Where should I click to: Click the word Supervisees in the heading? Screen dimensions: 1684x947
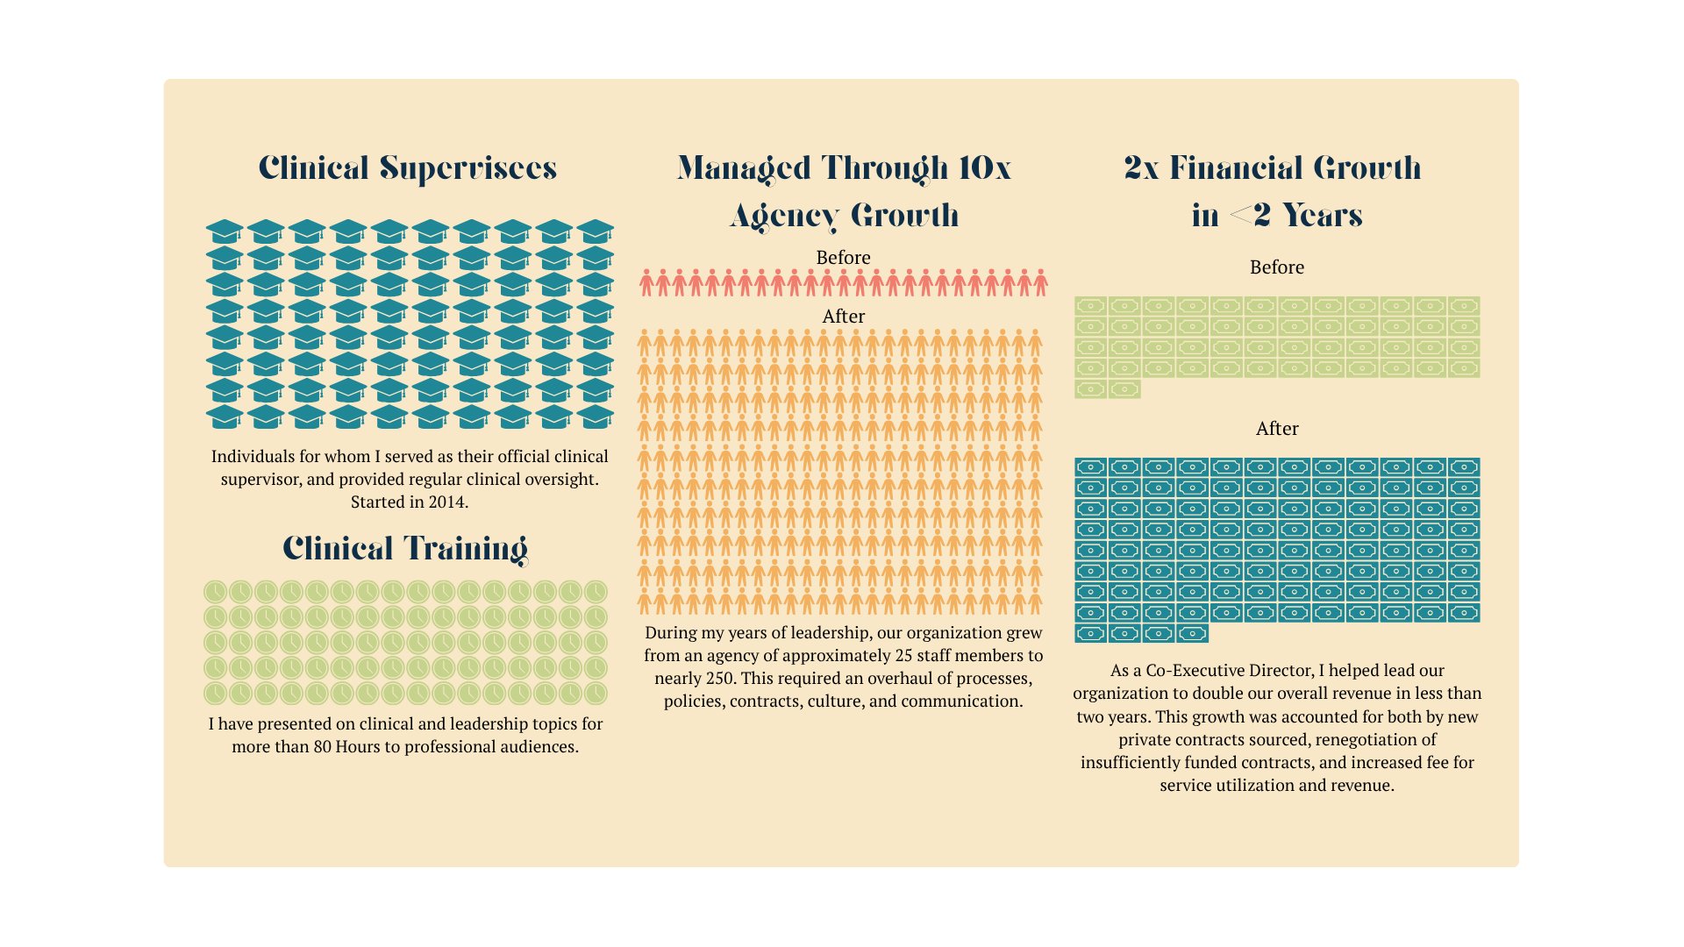click(468, 167)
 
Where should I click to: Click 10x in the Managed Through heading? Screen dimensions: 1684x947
click(984, 167)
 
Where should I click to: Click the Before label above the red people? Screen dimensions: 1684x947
click(843, 258)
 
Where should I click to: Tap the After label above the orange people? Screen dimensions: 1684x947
click(843, 317)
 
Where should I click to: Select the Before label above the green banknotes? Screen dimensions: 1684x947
click(1277, 267)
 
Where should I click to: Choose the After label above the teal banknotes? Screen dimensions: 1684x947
click(1277, 429)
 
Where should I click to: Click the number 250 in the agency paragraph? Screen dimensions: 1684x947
click(719, 679)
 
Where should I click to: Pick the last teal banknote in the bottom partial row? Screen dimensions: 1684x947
click(1192, 633)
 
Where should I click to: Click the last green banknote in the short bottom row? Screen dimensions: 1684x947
click(1124, 389)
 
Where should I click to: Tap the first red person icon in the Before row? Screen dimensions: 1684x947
click(646, 283)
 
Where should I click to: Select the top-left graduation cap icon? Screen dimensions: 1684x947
click(225, 231)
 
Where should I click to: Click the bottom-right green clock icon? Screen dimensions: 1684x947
click(596, 694)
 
